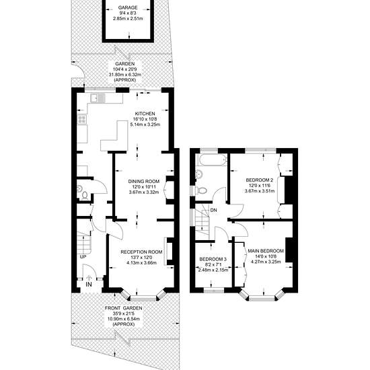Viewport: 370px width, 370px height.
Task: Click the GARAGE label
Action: (128, 8)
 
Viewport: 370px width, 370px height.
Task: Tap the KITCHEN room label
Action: (145, 114)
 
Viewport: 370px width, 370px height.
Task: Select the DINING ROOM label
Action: (144, 181)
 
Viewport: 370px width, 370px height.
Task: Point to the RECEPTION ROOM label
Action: (141, 252)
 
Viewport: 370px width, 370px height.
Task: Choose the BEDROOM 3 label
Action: (213, 259)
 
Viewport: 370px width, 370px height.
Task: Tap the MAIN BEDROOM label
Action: (266, 251)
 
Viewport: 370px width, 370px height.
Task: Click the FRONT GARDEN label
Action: (124, 308)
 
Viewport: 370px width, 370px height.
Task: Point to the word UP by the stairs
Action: (83, 257)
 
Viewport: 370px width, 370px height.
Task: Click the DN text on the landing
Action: (213, 210)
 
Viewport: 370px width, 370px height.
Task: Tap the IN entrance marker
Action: (89, 285)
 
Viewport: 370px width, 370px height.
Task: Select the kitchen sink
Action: (98, 98)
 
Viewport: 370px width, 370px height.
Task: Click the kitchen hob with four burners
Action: (82, 119)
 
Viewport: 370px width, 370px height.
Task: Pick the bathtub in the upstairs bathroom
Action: (213, 160)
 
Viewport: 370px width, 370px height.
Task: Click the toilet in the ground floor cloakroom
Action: (85, 196)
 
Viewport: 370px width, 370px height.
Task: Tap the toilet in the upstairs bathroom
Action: (201, 190)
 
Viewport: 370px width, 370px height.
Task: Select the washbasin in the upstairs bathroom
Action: (199, 174)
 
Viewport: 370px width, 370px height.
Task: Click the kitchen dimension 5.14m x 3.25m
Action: (145, 124)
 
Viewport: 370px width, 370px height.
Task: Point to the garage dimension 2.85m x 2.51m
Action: (128, 19)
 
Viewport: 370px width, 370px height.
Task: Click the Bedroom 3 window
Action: (214, 291)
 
